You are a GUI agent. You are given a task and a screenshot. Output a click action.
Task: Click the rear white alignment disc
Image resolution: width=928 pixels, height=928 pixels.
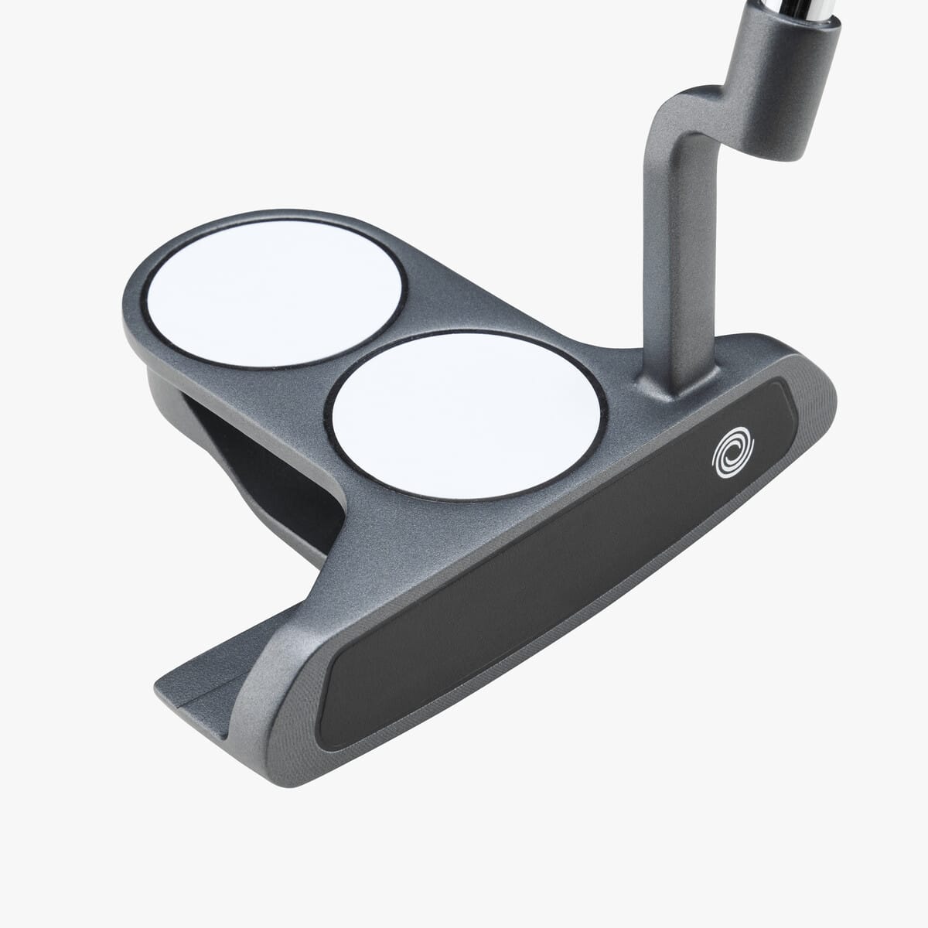(x=275, y=292)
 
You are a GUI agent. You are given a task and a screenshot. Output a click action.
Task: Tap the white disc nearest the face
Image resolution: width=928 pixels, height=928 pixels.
(x=466, y=415)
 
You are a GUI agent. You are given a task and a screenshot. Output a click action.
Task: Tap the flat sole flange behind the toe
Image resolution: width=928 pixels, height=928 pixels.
(x=209, y=681)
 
